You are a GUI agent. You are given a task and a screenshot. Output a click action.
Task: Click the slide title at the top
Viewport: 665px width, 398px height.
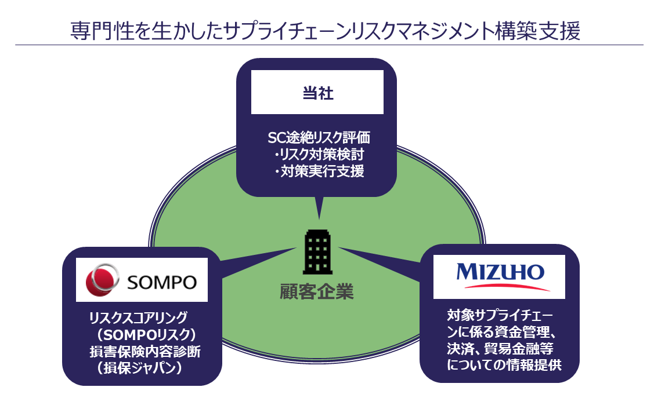325,30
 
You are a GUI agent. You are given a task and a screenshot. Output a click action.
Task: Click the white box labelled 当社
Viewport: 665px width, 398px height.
317,92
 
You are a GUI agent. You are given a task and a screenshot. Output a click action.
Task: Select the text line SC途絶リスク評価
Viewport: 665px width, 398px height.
317,138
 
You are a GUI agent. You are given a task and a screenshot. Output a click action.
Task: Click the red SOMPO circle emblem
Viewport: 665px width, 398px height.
102,281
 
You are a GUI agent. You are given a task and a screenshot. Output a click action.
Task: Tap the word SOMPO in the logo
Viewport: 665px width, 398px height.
161,282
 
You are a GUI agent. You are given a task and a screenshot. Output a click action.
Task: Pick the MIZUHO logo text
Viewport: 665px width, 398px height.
500,271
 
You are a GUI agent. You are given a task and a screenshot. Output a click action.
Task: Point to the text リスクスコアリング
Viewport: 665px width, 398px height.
139,317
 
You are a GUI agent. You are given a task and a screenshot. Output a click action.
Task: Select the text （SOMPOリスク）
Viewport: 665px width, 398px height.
145,334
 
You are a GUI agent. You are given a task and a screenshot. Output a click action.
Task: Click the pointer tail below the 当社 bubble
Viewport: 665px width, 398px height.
319,207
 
